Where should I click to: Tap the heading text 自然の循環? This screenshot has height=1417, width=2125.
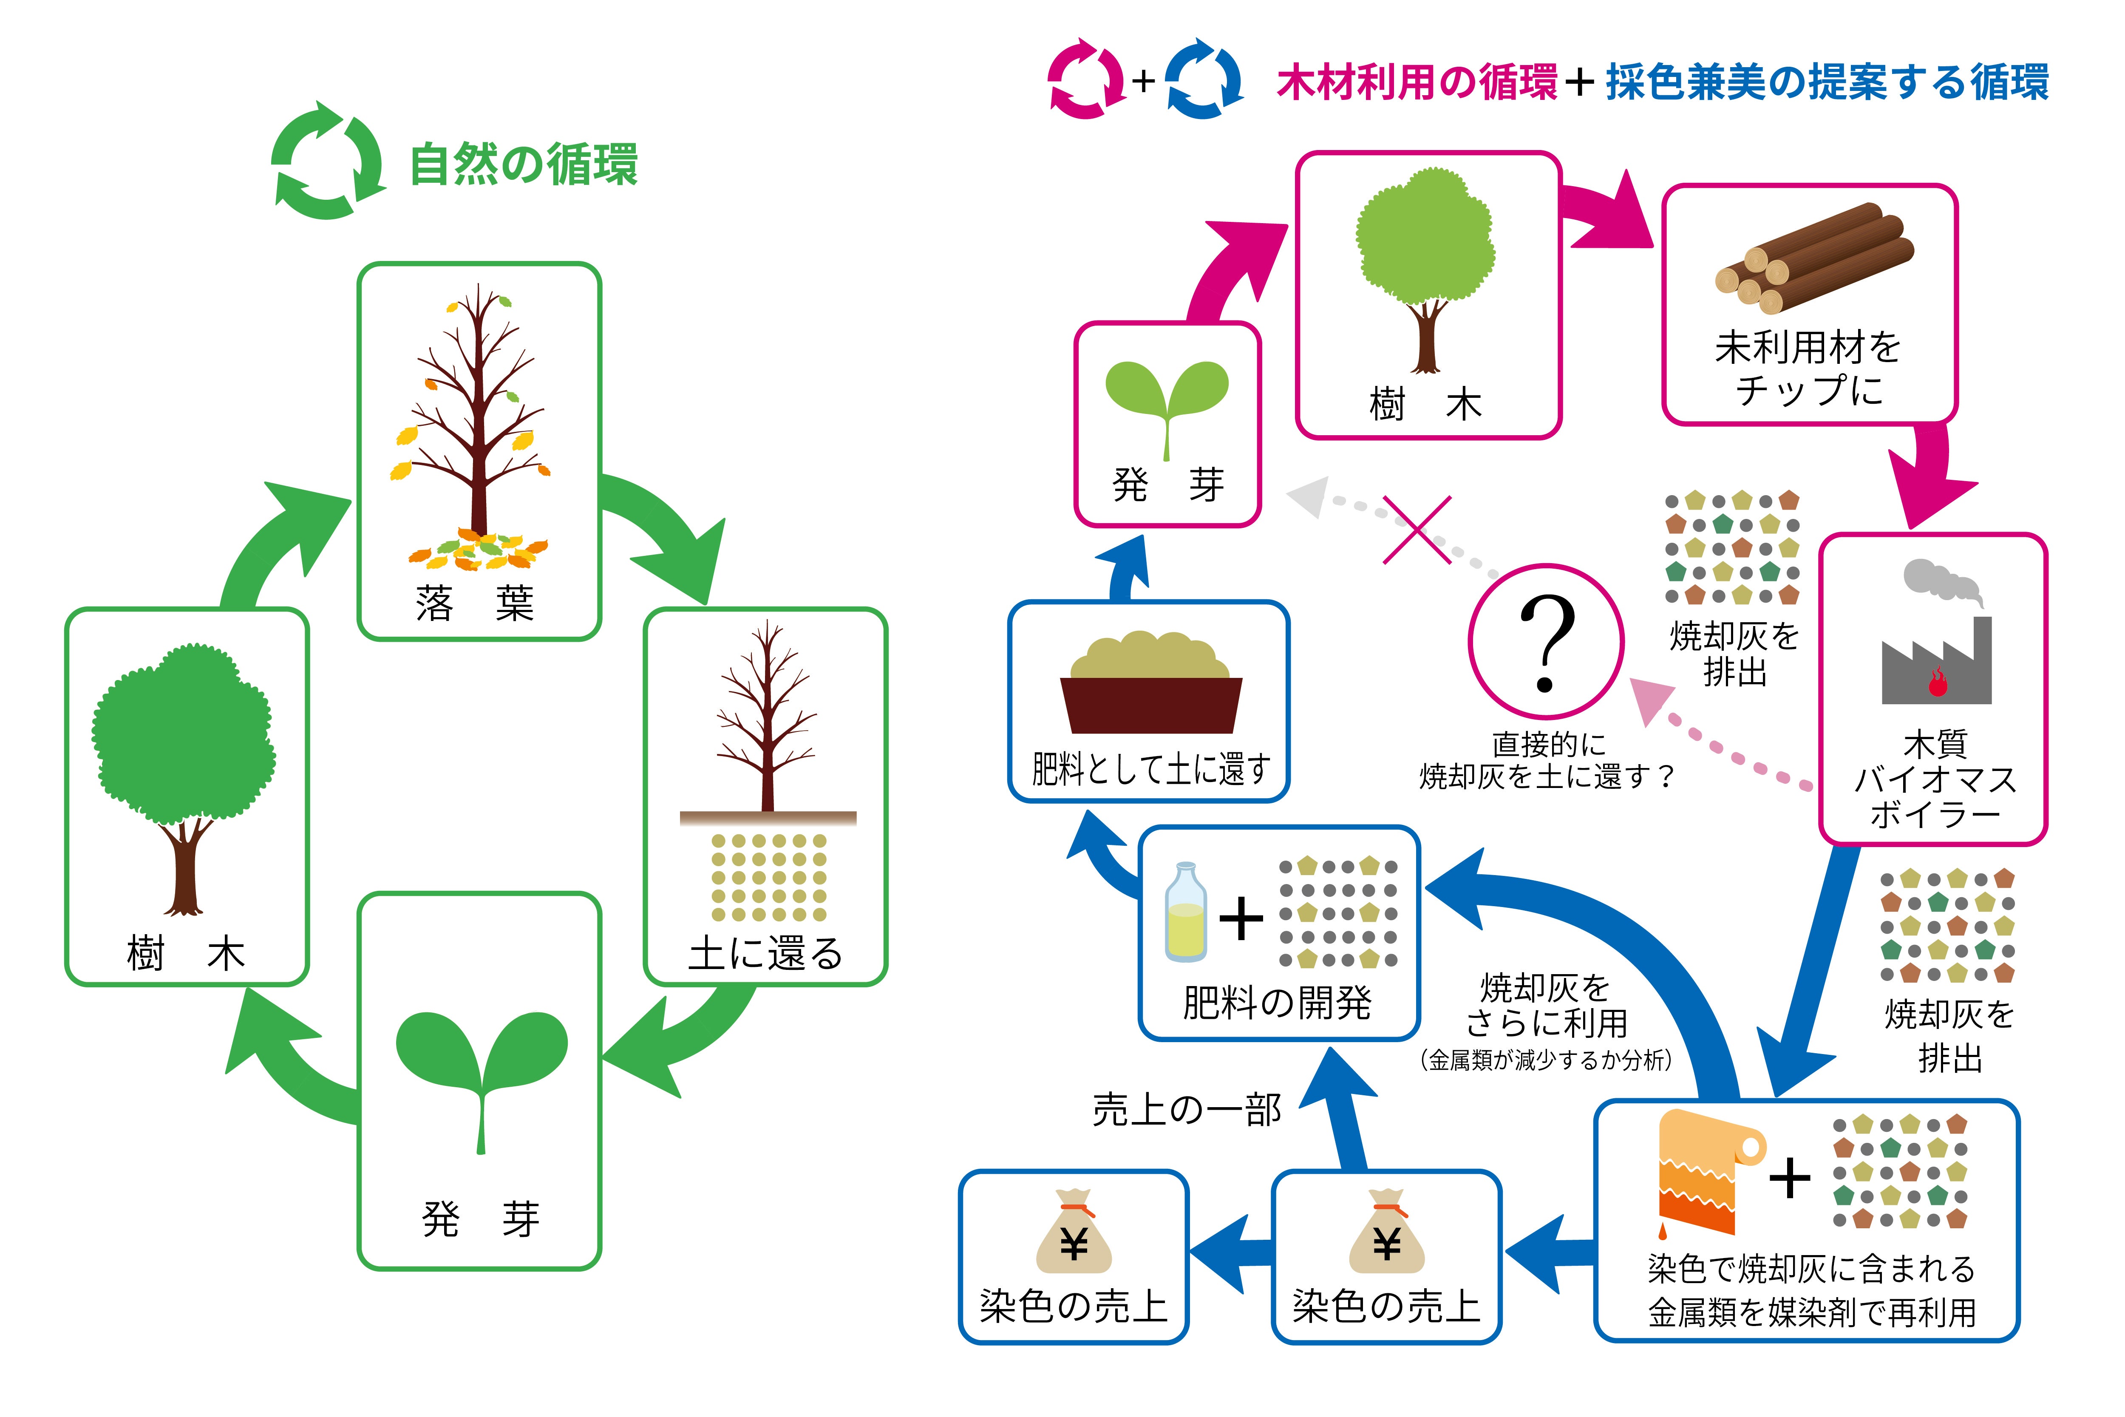524,164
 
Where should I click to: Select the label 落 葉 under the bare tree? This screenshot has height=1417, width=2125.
476,603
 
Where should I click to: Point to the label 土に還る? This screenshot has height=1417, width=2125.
765,953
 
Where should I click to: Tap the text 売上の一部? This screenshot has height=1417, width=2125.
1186,1110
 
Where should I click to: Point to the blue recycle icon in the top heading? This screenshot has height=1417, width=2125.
1204,79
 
